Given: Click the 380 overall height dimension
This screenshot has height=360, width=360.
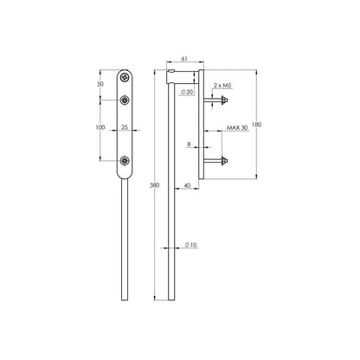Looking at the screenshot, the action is click(155, 185).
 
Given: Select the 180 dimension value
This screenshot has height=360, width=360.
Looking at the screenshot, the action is click(256, 125).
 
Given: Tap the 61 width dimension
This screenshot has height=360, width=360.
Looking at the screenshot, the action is click(184, 59).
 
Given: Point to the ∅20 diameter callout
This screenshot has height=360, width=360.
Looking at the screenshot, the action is click(187, 92).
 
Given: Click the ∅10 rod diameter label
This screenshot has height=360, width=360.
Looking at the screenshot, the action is click(190, 245).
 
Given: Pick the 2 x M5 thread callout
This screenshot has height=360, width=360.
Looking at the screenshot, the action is click(222, 85).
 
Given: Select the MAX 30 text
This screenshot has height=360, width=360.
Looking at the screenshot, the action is click(237, 127).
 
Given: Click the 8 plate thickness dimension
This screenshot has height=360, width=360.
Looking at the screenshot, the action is click(189, 144).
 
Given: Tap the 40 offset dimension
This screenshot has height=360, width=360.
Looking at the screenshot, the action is click(187, 185).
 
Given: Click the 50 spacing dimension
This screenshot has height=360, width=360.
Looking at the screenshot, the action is click(100, 84).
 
